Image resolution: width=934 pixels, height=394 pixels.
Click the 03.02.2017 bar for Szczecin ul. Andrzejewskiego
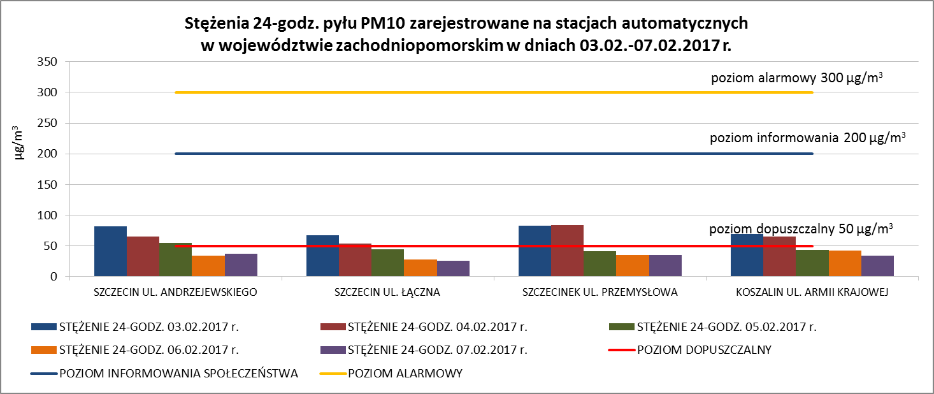click(x=110, y=252)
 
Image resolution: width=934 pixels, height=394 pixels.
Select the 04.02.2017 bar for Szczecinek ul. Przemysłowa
click(x=567, y=251)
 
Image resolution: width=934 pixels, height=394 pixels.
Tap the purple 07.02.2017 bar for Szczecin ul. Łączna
click(x=453, y=268)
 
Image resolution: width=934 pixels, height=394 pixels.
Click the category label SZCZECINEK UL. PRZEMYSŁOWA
click(x=600, y=293)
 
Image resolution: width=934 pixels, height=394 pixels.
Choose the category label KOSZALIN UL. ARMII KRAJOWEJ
click(x=812, y=293)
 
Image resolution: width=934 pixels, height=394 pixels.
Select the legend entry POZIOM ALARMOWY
click(x=405, y=374)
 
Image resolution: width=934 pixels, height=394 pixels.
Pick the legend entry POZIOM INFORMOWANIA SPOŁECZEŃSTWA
click(x=178, y=374)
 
